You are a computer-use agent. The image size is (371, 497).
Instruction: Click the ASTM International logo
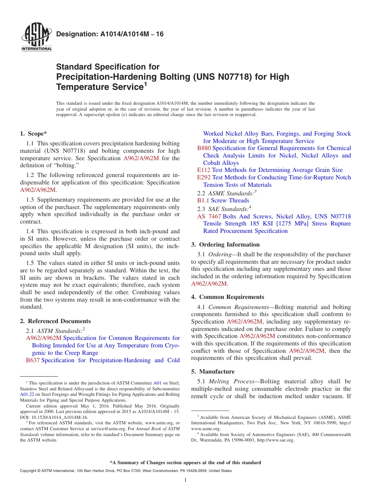pos(36,38)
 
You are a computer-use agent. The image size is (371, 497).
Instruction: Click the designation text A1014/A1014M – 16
pos(110,34)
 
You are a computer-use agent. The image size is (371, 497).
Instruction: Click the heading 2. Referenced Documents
pos(55,321)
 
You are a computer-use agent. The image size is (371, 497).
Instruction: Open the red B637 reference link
pos(32,360)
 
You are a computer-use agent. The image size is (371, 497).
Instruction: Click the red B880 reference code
pos(204,148)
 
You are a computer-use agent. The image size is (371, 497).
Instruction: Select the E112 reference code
pos(203,170)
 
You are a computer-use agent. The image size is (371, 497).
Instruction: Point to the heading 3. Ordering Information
pos(225,245)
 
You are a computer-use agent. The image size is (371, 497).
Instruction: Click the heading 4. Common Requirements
pos(228,297)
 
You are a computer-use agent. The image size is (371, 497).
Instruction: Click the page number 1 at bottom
pos(185,480)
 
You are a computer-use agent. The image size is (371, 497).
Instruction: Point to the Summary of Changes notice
pos(185,463)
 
